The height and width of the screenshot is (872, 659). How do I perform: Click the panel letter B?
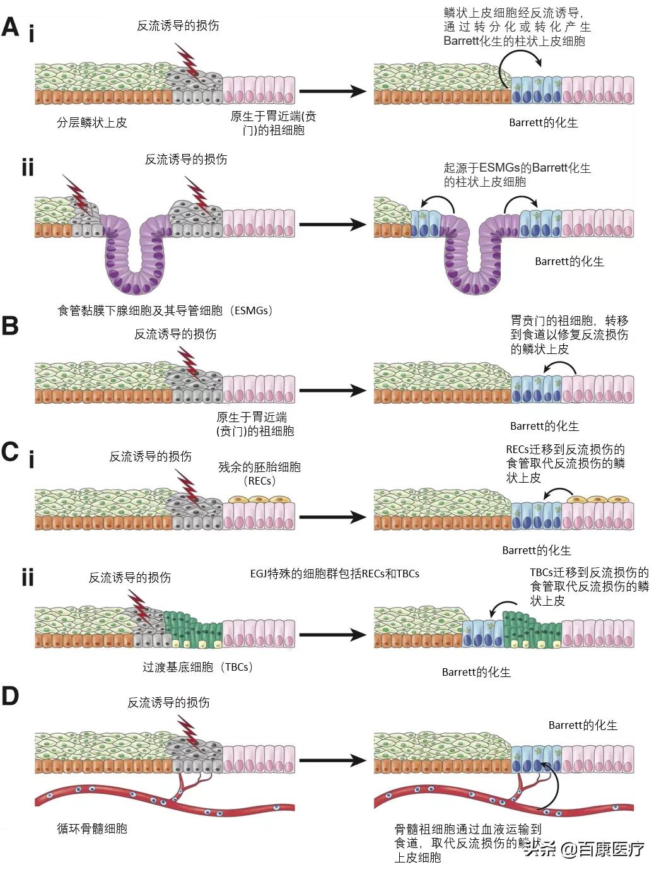pos(10,326)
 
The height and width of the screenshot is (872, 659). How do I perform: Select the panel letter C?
pos(10,452)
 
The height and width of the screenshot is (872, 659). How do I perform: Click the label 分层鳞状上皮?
pos(92,122)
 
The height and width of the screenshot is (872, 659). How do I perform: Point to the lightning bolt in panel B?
pos(188,360)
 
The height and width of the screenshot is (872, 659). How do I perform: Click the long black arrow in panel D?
pos(332,760)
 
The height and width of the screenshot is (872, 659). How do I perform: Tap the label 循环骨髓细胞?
pos(92,828)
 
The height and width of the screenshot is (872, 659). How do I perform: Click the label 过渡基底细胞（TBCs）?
pos(197,667)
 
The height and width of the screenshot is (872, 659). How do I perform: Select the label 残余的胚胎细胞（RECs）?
pos(259,473)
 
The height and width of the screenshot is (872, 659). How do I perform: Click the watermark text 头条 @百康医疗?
pos(584,849)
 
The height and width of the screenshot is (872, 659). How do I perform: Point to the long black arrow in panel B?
pos(332,391)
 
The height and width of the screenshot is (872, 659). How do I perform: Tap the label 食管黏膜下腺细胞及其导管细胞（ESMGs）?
pos(165,310)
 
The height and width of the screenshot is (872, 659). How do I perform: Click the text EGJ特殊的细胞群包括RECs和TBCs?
pos(334,574)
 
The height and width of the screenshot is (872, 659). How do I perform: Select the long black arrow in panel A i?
pos(332,91)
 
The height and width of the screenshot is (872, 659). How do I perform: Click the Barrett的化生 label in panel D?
pos(583,725)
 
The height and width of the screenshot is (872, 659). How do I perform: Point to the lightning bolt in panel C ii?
pos(139,607)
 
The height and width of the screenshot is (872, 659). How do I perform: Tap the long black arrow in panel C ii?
pos(332,635)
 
